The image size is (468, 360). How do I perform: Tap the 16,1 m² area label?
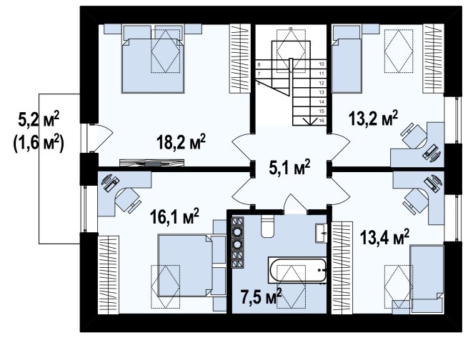click(174, 216)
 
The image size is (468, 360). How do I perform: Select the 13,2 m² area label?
click(374, 119)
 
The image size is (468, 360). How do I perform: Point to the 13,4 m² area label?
click(384, 237)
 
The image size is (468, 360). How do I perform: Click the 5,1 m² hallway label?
click(289, 168)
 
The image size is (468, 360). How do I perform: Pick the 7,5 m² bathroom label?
click(262, 297)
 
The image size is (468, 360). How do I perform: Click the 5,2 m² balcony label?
click(39, 119)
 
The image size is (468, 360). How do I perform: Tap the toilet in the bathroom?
click(267, 226)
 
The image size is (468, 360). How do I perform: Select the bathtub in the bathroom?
click(298, 270)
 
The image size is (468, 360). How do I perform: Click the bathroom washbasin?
click(321, 233)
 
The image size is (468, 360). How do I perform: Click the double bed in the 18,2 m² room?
click(153, 59)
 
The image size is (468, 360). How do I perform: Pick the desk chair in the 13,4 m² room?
click(416, 200)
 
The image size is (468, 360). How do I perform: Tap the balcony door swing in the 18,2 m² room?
click(101, 137)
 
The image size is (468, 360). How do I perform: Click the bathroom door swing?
click(295, 204)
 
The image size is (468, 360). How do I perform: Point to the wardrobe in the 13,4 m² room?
click(342, 268)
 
